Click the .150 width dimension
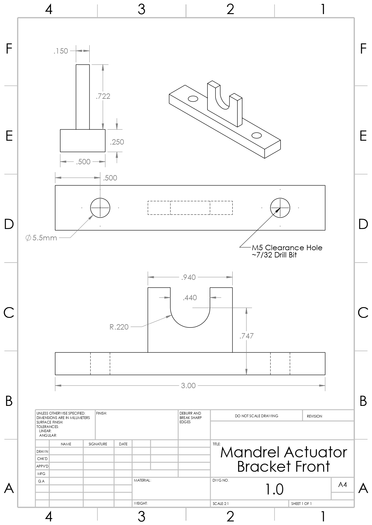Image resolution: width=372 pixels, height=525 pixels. click(61, 51)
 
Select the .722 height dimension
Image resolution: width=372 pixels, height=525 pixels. click(103, 96)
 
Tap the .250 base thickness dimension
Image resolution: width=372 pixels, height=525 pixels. click(117, 142)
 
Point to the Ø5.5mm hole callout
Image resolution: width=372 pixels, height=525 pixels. click(41, 238)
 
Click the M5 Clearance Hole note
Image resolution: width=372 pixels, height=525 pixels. click(287, 248)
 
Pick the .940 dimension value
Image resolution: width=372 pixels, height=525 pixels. click(189, 277)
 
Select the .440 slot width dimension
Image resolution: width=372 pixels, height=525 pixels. click(190, 298)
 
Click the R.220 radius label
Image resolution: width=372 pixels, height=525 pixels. click(119, 327)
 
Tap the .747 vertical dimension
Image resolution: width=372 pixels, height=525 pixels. click(246, 336)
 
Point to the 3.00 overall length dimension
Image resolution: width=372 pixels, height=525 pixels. click(188, 386)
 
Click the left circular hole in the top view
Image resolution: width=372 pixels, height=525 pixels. click(100, 207)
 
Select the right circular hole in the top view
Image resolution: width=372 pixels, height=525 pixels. click(280, 207)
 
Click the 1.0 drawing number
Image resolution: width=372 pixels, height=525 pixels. click(274, 489)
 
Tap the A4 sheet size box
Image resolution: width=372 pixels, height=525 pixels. click(343, 485)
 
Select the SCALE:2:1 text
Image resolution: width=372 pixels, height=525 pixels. click(221, 504)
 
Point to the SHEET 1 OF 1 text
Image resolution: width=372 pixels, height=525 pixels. click(301, 504)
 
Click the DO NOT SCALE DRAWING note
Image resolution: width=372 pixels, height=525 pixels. click(256, 416)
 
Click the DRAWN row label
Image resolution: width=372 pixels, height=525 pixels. click(42, 451)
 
